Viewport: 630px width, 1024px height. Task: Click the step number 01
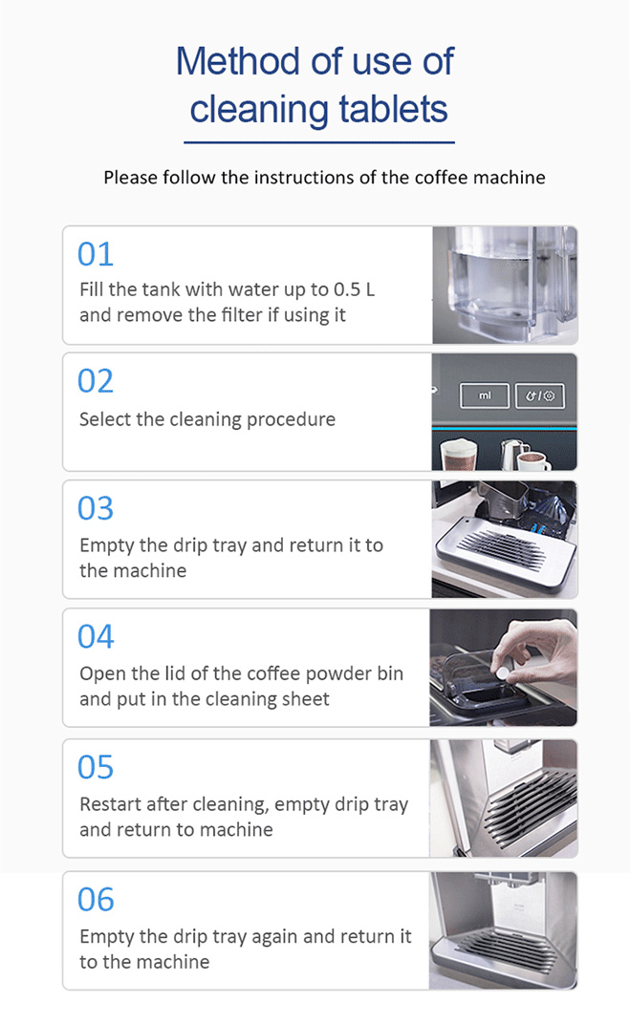[96, 254]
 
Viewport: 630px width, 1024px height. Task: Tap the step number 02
[96, 381]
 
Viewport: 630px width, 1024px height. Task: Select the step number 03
[96, 508]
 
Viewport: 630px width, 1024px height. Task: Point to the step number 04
[96, 636]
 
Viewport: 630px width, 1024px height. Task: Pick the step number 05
[96, 767]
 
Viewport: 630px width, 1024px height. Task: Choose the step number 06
[96, 899]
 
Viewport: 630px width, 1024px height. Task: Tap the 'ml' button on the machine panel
[485, 395]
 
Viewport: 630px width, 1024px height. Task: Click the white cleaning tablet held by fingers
[500, 672]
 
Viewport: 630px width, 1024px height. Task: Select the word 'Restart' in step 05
[111, 804]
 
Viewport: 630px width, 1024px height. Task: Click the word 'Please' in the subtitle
[130, 178]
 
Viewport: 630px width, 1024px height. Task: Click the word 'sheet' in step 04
[305, 699]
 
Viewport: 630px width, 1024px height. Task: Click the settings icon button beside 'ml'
[541, 395]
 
